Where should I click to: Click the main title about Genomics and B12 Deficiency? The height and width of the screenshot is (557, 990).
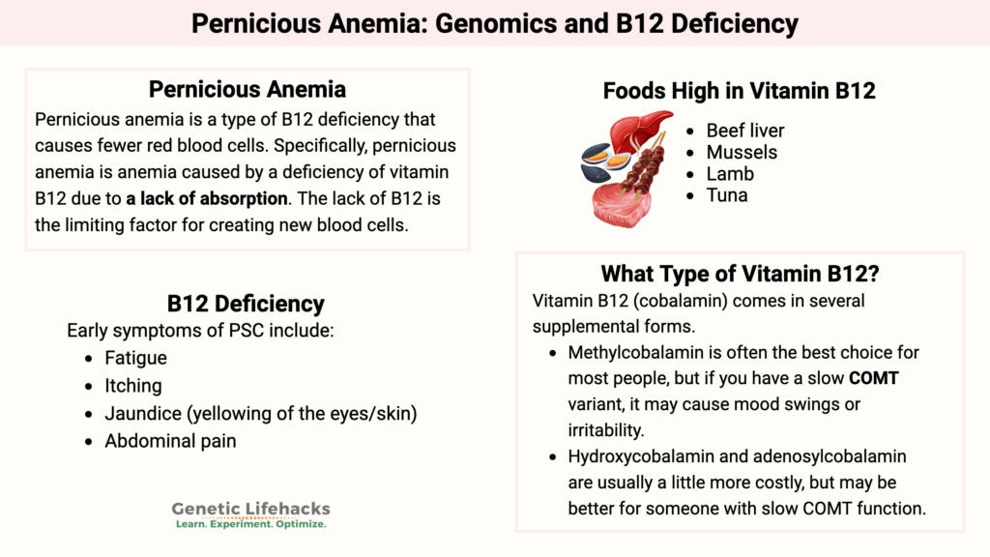[495, 22]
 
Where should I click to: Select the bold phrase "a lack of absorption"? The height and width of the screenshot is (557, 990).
[207, 199]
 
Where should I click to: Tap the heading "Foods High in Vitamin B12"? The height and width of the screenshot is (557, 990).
[739, 91]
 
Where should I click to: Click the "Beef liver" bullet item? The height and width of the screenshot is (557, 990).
[744, 131]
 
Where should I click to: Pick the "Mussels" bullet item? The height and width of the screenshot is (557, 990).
[742, 152]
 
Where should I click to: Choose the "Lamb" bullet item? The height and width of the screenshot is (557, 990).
[730, 174]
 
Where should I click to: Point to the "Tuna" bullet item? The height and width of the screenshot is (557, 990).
[727, 195]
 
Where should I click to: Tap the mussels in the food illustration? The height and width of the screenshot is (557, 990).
[600, 161]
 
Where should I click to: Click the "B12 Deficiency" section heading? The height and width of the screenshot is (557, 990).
[246, 304]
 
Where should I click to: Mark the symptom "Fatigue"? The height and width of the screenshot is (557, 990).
[136, 358]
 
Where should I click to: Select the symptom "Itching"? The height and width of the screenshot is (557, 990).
[133, 386]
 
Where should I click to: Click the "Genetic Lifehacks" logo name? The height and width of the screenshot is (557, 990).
[250, 509]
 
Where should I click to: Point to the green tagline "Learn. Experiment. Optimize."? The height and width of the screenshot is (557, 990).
[250, 524]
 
